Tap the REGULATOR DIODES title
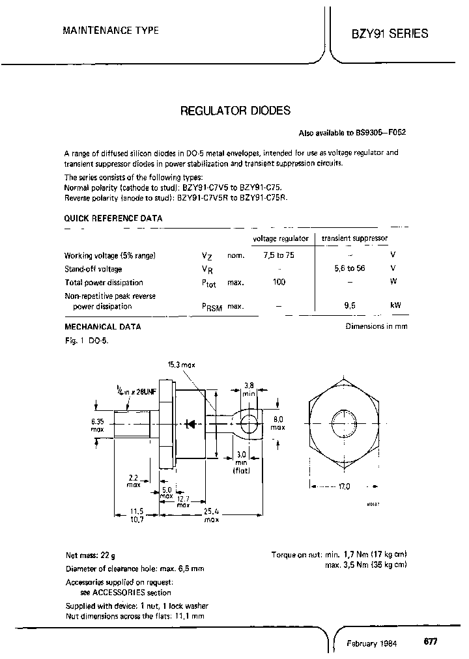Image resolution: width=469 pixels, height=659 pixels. click(x=234, y=111)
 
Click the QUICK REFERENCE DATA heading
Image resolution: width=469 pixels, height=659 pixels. click(x=113, y=219)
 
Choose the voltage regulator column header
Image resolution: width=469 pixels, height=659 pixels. click(x=280, y=239)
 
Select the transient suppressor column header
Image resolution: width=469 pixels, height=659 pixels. click(x=354, y=239)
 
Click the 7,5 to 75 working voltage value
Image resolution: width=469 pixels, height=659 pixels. click(x=279, y=255)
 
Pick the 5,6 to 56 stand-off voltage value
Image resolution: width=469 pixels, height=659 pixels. click(x=352, y=269)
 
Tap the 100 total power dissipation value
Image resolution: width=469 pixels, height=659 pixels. click(x=279, y=282)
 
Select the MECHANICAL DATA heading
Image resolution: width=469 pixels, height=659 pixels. click(x=102, y=327)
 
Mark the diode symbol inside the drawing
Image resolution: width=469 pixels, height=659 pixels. click(x=191, y=424)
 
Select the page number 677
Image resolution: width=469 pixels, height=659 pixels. click(x=431, y=641)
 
